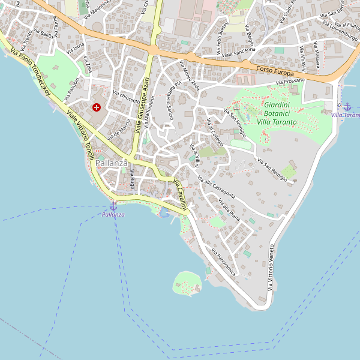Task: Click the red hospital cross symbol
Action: (x=97, y=107)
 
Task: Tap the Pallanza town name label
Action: (x=112, y=163)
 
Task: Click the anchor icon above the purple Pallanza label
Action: (x=113, y=206)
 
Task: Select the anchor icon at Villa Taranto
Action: (x=347, y=106)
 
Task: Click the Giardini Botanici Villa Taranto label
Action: (x=277, y=113)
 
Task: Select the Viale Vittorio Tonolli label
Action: (x=80, y=131)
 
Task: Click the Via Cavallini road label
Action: (x=181, y=194)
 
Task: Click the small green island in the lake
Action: (x=187, y=283)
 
